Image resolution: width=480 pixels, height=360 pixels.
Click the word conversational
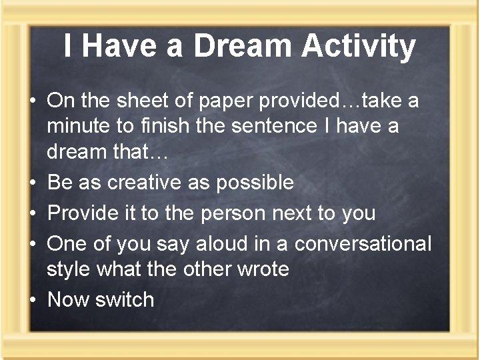tap(363, 244)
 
